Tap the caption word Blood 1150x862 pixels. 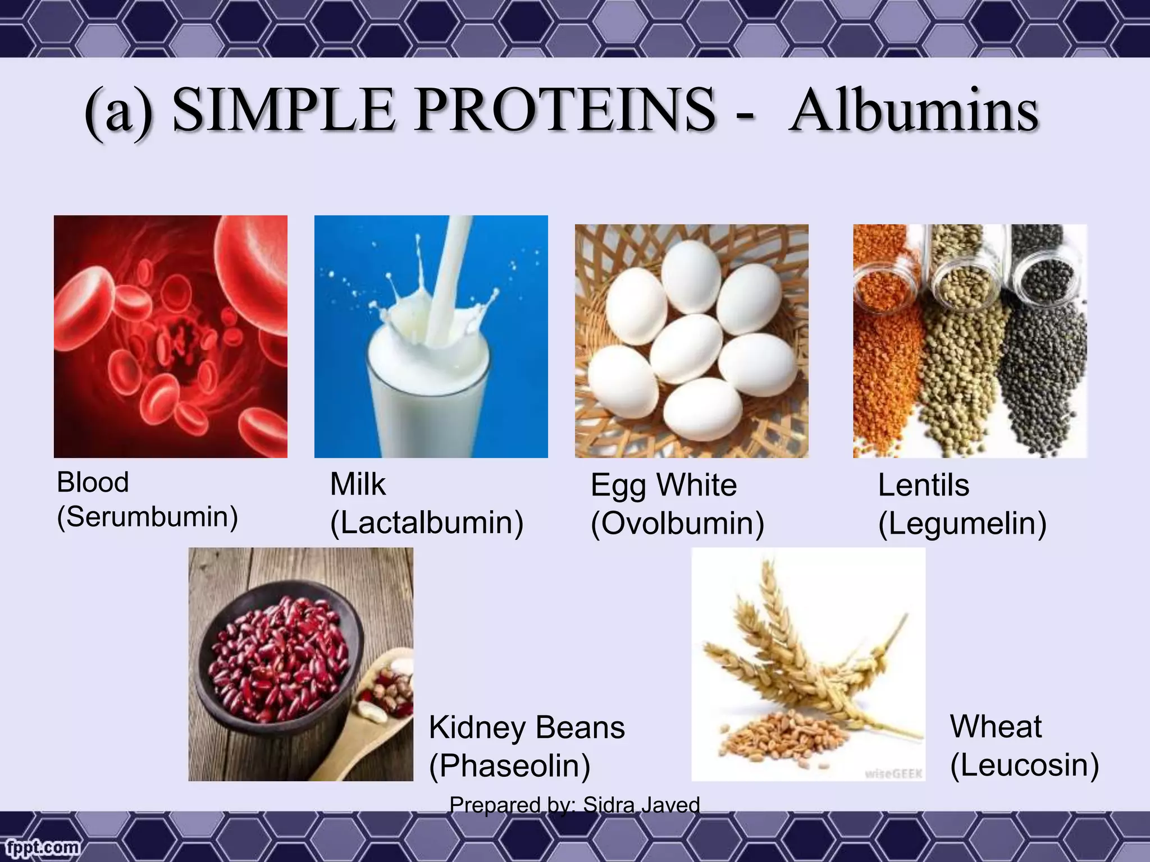point(93,483)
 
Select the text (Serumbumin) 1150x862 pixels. point(148,517)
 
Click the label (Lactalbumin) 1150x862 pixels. point(427,523)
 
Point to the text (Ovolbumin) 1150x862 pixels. point(677,524)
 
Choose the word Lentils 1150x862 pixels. point(923,485)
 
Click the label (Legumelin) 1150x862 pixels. point(962,524)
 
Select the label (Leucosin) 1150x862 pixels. point(1024,765)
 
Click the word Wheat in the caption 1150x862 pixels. point(996,727)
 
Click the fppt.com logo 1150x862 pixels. point(40,846)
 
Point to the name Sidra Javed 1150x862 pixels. point(641,805)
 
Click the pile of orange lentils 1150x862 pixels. point(884,365)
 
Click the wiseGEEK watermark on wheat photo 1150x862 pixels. point(893,774)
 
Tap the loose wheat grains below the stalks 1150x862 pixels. point(786,735)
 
